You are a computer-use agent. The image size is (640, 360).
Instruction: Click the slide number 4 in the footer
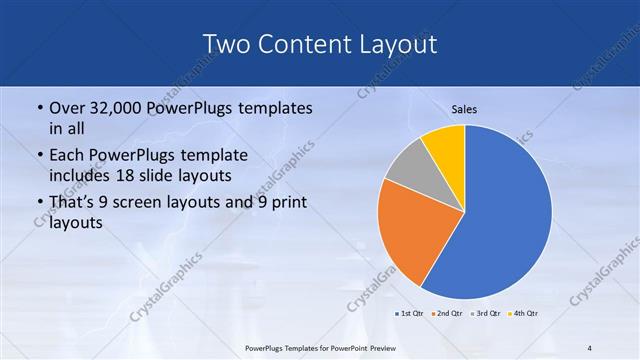590,348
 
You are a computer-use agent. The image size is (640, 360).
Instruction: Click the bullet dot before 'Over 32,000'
39,108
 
